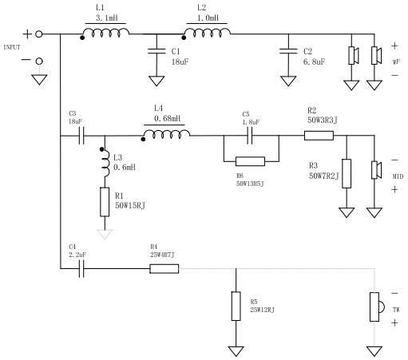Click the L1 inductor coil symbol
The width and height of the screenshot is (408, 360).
coord(105,33)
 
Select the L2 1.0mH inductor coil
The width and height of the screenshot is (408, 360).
coord(207,33)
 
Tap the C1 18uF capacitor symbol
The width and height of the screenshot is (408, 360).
coord(156,51)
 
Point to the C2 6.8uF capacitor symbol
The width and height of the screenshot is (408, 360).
coord(288,51)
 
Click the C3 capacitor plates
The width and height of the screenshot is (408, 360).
coord(81,136)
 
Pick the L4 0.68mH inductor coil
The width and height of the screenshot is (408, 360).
coord(166,134)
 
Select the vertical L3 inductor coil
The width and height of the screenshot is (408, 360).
coord(105,163)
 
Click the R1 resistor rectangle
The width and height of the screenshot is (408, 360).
coord(105,202)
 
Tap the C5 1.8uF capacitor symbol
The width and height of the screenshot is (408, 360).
coord(250,136)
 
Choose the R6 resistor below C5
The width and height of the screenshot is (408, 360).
coord(250,161)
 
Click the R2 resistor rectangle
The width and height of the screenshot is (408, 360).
coord(319,136)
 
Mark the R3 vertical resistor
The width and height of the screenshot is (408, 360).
coord(347,173)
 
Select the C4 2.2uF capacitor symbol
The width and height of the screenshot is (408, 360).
coord(81,268)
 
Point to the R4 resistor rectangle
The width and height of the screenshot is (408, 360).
coord(164,269)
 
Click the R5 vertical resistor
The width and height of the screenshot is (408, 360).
coord(236,306)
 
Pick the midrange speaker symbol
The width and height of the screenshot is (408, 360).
coord(376,170)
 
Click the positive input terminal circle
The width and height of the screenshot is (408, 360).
coord(39,34)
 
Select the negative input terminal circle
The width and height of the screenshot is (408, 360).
coord(39,61)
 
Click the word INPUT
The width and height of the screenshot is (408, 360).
coord(12,47)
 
